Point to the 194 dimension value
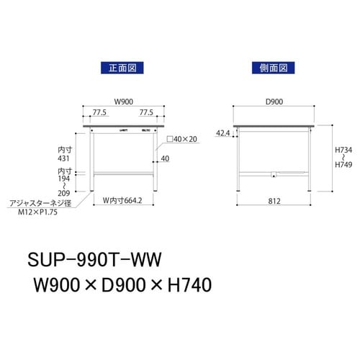point(63,179)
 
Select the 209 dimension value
point(63,194)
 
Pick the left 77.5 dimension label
point(100,112)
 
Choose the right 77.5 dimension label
point(146,112)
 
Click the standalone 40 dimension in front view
point(165,158)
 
